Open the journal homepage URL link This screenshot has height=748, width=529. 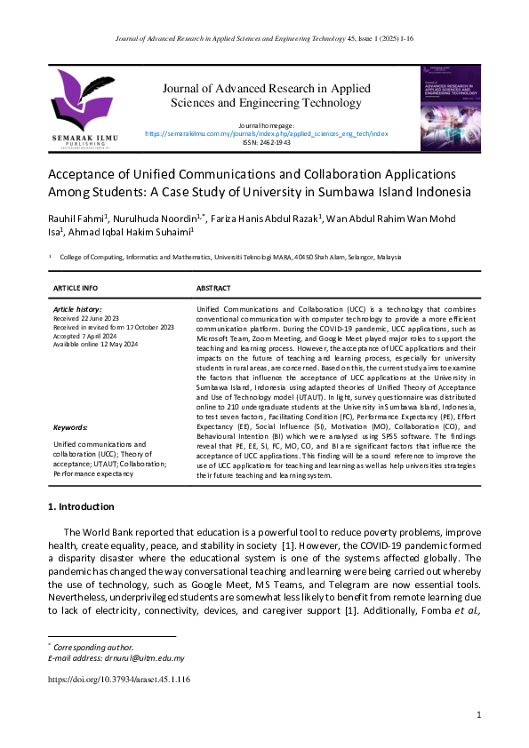(x=266, y=132)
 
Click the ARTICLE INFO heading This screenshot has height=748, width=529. (x=76, y=289)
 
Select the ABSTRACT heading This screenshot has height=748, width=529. (x=213, y=289)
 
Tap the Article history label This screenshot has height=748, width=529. (x=77, y=308)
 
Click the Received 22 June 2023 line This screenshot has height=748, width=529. (x=87, y=316)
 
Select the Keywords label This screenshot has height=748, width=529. (x=71, y=427)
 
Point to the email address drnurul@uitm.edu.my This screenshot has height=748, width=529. (x=142, y=658)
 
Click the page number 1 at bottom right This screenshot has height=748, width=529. (x=478, y=715)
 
